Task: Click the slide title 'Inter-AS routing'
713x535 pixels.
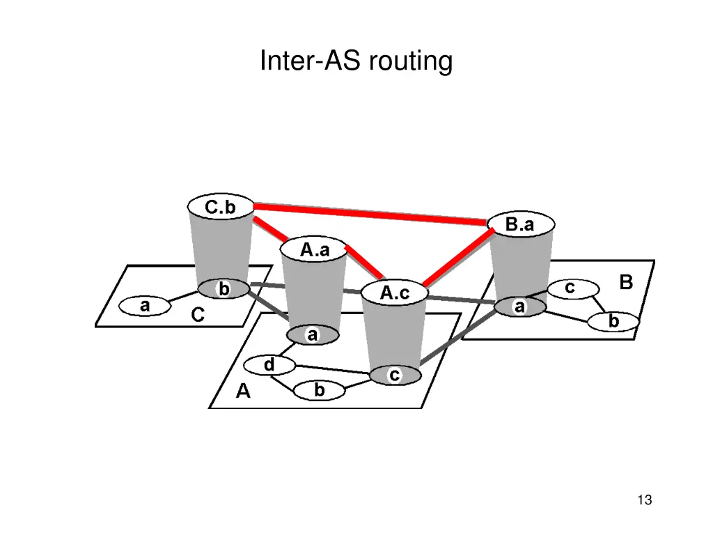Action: coord(356,61)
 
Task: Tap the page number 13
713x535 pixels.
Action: coord(644,499)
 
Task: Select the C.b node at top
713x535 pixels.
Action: coord(220,207)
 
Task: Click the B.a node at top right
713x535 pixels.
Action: coord(519,224)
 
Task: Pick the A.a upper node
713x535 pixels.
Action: coord(314,250)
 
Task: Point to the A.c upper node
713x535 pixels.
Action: coord(394,293)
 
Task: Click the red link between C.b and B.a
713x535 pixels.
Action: coord(369,214)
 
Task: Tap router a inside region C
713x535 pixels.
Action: coord(145,305)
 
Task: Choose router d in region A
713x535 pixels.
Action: coord(269,364)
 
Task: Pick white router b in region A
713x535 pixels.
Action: coord(319,391)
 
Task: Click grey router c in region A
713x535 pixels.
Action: coord(394,375)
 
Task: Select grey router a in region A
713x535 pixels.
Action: coord(313,335)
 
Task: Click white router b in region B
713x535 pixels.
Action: coord(613,322)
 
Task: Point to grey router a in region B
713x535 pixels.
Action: coord(519,307)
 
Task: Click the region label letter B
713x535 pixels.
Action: coord(626,282)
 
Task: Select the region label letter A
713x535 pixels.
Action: coord(243,392)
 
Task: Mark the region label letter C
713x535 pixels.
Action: coord(198,316)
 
